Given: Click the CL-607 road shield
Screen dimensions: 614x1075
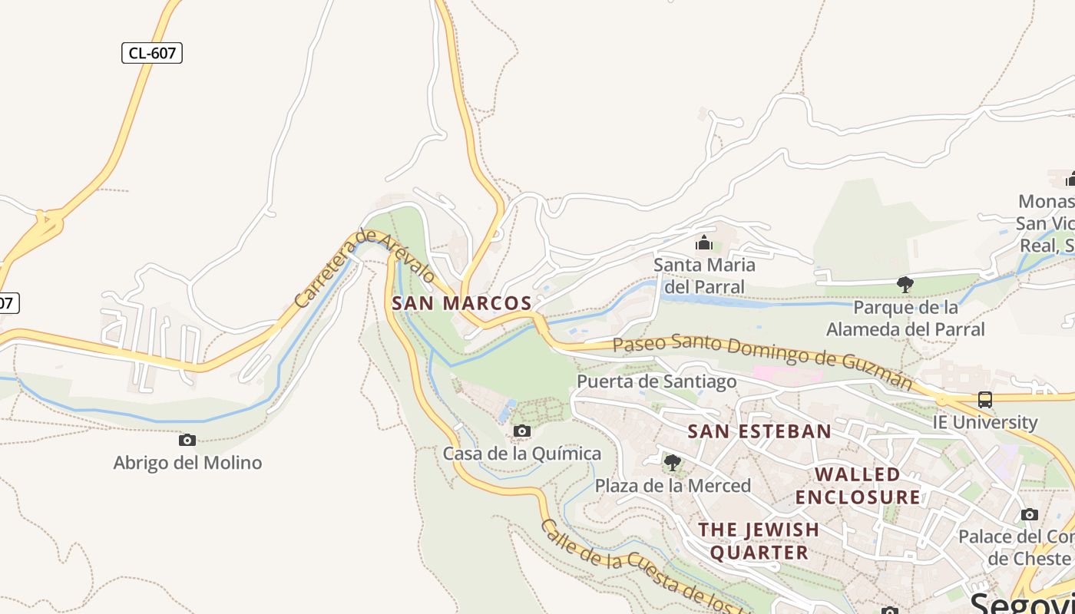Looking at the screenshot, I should click(152, 53).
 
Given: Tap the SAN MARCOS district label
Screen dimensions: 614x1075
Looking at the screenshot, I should click(461, 303).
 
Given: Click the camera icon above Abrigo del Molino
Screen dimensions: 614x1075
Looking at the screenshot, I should click(187, 440).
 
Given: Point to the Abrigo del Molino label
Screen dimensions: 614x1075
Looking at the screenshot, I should click(187, 463).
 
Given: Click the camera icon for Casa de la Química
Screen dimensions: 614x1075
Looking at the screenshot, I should click(521, 431).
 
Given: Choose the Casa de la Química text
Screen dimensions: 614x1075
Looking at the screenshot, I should click(521, 454).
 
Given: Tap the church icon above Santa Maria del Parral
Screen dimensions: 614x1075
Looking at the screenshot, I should click(703, 243).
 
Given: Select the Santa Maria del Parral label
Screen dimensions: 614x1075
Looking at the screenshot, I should click(704, 276).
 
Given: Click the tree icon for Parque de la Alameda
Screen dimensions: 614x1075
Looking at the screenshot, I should click(905, 285).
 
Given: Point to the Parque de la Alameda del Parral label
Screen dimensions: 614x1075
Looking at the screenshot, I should click(905, 319).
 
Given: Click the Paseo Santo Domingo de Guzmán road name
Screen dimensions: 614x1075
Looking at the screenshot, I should click(763, 360).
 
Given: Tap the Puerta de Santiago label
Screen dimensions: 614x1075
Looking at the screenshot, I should click(657, 381).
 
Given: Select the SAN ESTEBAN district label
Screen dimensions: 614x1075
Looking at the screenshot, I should click(759, 431).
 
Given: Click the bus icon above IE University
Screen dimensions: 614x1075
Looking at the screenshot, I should click(985, 399).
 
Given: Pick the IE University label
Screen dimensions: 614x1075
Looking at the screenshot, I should click(985, 422).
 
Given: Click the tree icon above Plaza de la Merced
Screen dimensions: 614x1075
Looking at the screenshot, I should click(672, 462).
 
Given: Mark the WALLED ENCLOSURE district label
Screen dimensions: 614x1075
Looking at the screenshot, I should click(858, 486).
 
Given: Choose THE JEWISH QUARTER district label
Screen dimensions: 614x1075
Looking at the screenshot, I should click(759, 540).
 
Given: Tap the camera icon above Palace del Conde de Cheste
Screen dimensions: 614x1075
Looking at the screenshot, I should click(1030, 514).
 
